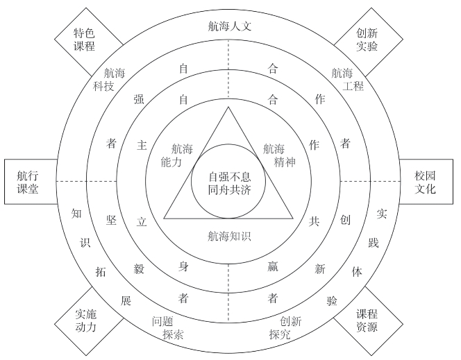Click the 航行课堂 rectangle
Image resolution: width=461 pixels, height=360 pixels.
tap(28, 182)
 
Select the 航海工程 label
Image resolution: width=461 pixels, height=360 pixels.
tap(343, 79)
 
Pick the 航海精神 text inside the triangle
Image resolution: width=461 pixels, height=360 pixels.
tap(274, 156)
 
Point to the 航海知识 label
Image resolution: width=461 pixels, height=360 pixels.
tap(228, 236)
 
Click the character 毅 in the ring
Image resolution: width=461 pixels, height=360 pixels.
tap(139, 268)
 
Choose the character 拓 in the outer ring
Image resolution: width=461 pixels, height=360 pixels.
tap(100, 271)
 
